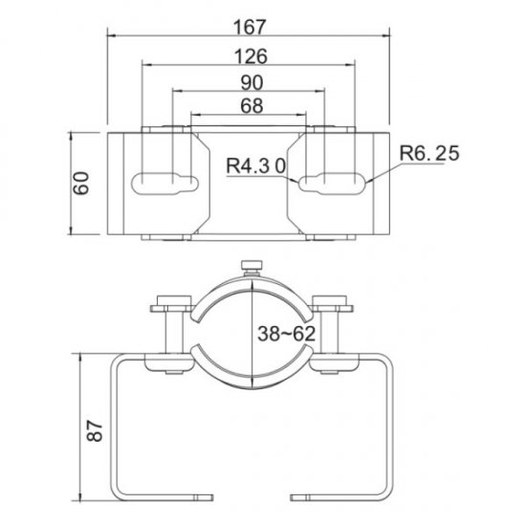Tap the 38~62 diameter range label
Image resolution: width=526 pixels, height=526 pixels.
(x=287, y=334)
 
